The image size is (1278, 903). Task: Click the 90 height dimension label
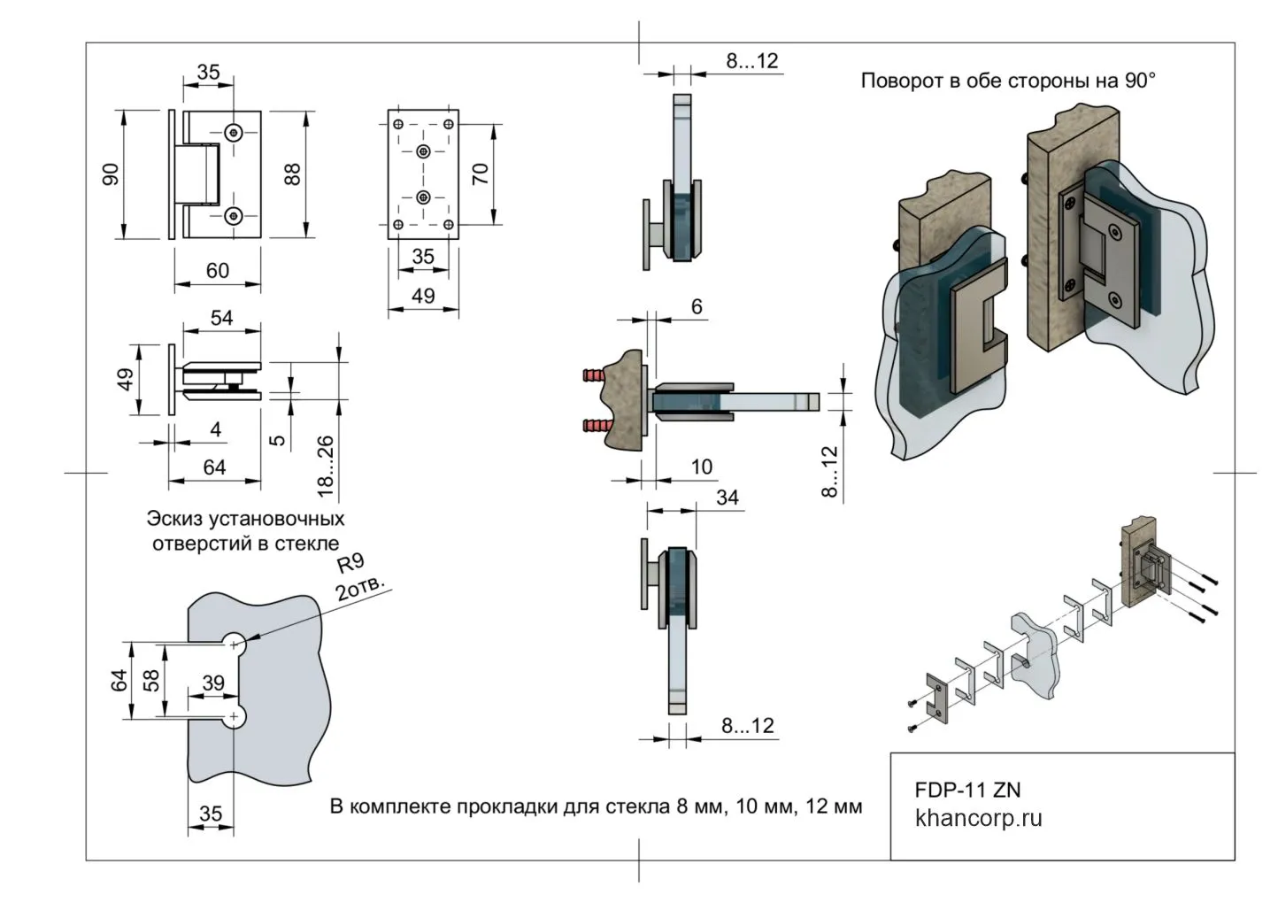[112, 174]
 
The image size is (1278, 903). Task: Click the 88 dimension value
[292, 174]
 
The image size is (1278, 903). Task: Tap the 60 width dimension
[218, 271]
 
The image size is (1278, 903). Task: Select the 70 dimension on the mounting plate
[481, 174]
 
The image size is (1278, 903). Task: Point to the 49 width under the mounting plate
[423, 296]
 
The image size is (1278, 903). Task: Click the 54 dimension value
[221, 318]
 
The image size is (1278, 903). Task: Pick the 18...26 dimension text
[326, 465]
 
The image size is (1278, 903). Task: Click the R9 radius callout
[351, 567]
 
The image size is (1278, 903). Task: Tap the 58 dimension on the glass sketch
[151, 680]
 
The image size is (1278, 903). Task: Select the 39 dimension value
[213, 683]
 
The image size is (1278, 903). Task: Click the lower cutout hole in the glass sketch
[235, 715]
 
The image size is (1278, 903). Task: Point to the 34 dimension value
[728, 498]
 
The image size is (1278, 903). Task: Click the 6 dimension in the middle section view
[697, 306]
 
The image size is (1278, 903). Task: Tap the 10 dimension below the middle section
[701, 467]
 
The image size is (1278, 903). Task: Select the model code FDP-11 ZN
[967, 789]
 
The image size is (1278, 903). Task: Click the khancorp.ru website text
[978, 818]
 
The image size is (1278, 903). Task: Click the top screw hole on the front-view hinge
[234, 132]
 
